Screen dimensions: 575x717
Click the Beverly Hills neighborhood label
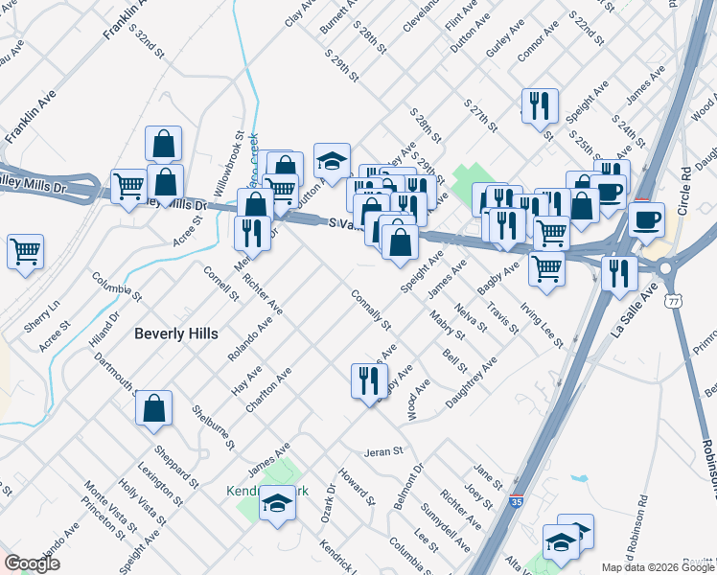coord(176,333)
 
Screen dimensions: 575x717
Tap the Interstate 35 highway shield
coord(516,499)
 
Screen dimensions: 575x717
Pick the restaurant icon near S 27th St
coord(540,105)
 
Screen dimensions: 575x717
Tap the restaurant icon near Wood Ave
coord(369,380)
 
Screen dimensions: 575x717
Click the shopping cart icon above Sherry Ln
coord(26,253)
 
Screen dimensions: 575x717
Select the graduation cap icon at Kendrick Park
coord(277,501)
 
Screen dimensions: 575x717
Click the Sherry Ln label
coord(42,317)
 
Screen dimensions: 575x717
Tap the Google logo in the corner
coord(32,563)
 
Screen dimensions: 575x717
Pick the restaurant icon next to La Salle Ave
coord(619,273)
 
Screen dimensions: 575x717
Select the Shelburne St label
coord(213,425)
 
